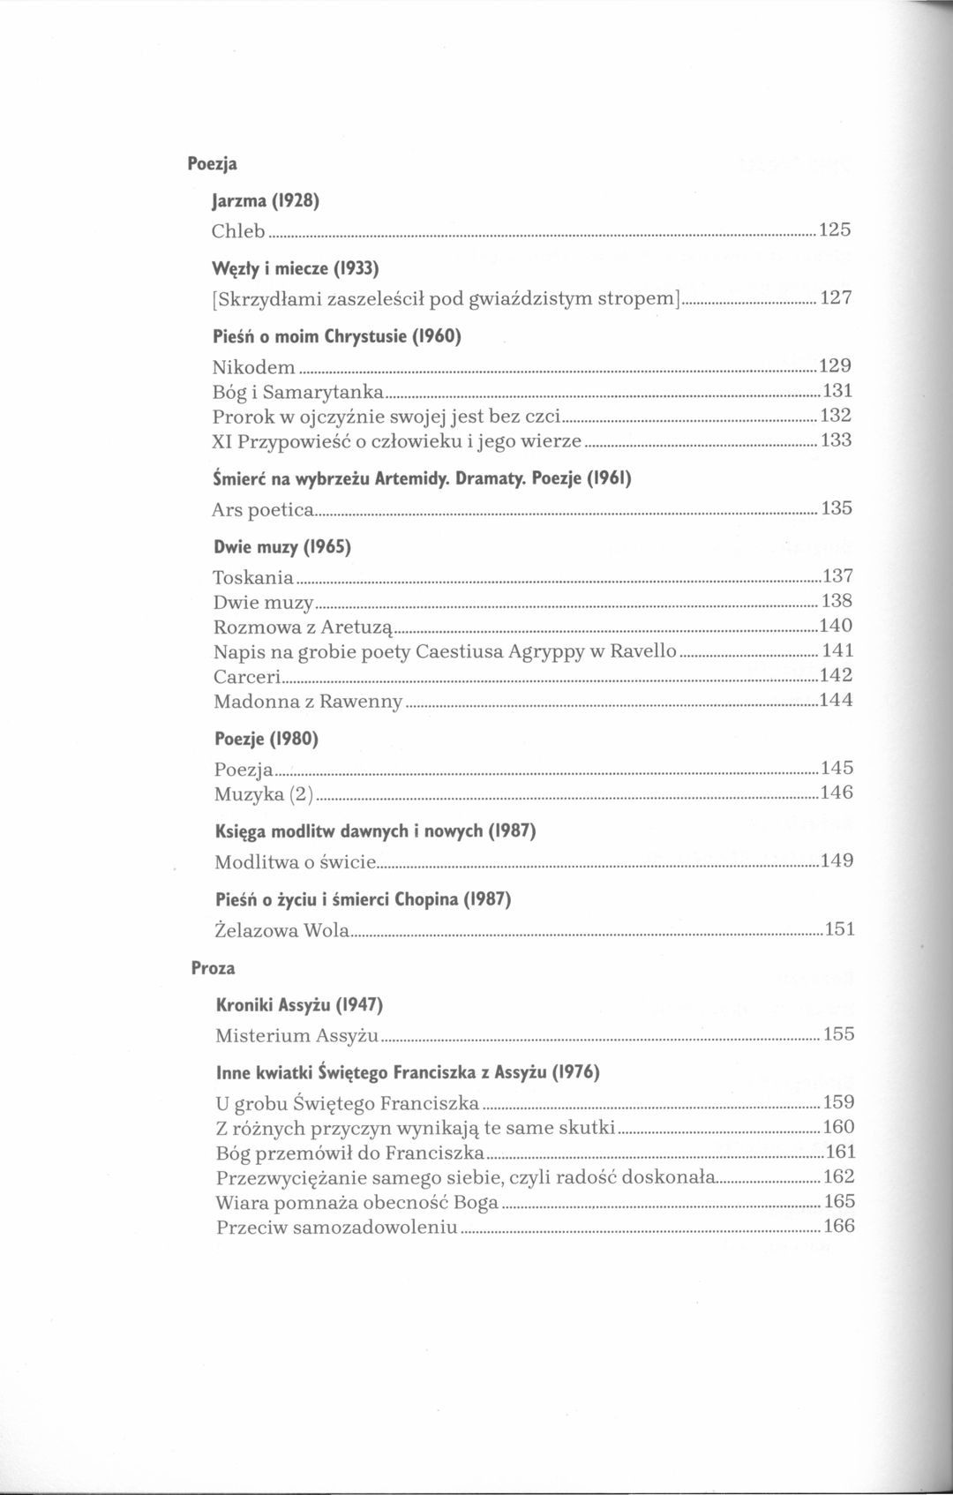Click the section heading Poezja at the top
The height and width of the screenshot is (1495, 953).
[212, 164]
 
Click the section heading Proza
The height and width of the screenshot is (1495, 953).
[214, 968]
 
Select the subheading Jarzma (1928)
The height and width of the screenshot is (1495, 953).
[266, 201]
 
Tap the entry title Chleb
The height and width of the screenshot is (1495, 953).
[238, 231]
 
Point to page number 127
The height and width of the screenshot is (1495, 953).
[835, 298]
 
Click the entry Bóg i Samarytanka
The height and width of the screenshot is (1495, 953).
[297, 391]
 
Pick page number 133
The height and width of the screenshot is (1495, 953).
[836, 439]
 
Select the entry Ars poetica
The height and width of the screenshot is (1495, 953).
[264, 510]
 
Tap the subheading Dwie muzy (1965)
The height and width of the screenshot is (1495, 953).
[282, 547]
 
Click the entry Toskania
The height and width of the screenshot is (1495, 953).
[253, 578]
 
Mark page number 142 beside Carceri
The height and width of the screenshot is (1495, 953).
[836, 676]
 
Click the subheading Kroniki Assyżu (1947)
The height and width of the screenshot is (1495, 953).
[299, 1004]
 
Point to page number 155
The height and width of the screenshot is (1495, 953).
[838, 1034]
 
